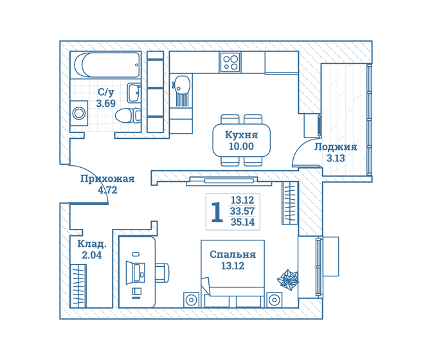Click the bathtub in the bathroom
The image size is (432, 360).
pyautogui.click(x=107, y=65)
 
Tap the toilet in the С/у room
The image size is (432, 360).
pyautogui.click(x=128, y=116)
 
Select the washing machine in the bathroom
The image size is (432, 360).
pyautogui.click(x=79, y=113)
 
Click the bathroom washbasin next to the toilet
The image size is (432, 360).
pyautogui.click(x=134, y=93)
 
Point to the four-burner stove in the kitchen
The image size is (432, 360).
pyautogui.click(x=230, y=62)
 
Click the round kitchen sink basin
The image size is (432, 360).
pyautogui.click(x=181, y=84)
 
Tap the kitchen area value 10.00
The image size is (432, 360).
pyautogui.click(x=241, y=147)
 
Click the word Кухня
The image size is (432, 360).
pyautogui.click(x=241, y=135)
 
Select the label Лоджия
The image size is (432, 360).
pyautogui.click(x=336, y=147)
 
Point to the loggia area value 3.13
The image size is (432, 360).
pyautogui.click(x=336, y=158)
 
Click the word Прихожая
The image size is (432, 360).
pyautogui.click(x=107, y=179)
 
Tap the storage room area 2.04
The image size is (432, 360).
pyautogui.click(x=92, y=255)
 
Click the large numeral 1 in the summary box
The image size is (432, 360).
pyautogui.click(x=217, y=212)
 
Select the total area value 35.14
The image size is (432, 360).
pyautogui.click(x=242, y=222)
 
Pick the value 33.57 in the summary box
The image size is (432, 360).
pyautogui.click(x=242, y=212)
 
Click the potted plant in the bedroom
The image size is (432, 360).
pyautogui.click(x=287, y=280)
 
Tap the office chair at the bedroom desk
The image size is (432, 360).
pyautogui.click(x=162, y=273)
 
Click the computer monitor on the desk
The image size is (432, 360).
pyautogui.click(x=136, y=273)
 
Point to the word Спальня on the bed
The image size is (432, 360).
pyautogui.click(x=233, y=255)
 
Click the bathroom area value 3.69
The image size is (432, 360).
pyautogui.click(x=106, y=104)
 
